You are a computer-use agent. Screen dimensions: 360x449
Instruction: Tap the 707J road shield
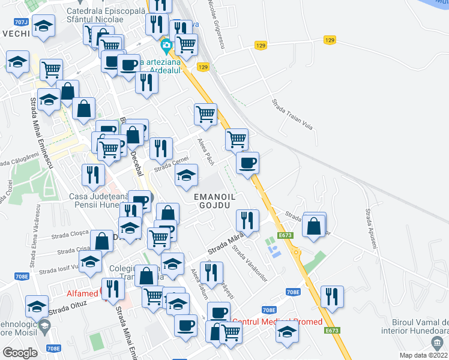tap(20, 22)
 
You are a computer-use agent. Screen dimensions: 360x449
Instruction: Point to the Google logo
tap(20, 352)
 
